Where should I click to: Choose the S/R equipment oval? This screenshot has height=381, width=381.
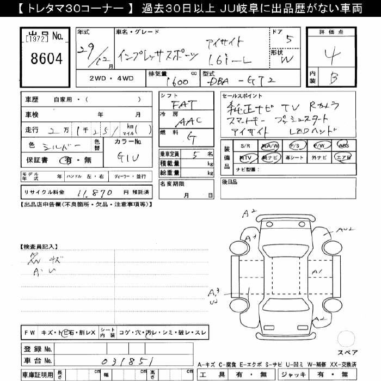coord(245,146)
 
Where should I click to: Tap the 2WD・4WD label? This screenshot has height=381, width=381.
coord(112,78)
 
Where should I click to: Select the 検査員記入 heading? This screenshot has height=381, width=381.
coord(39,246)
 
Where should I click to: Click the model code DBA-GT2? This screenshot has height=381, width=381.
coord(247,81)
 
